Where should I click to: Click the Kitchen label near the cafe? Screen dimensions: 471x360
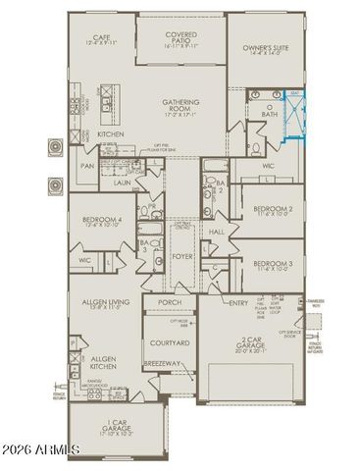tap(111, 133)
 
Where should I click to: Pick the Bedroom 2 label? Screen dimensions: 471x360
tap(274, 210)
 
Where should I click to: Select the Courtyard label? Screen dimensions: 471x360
tap(169, 342)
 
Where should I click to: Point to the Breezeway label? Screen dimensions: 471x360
tap(169, 365)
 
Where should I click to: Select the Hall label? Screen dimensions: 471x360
tap(217, 232)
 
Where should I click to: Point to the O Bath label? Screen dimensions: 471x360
tap(269, 109)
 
